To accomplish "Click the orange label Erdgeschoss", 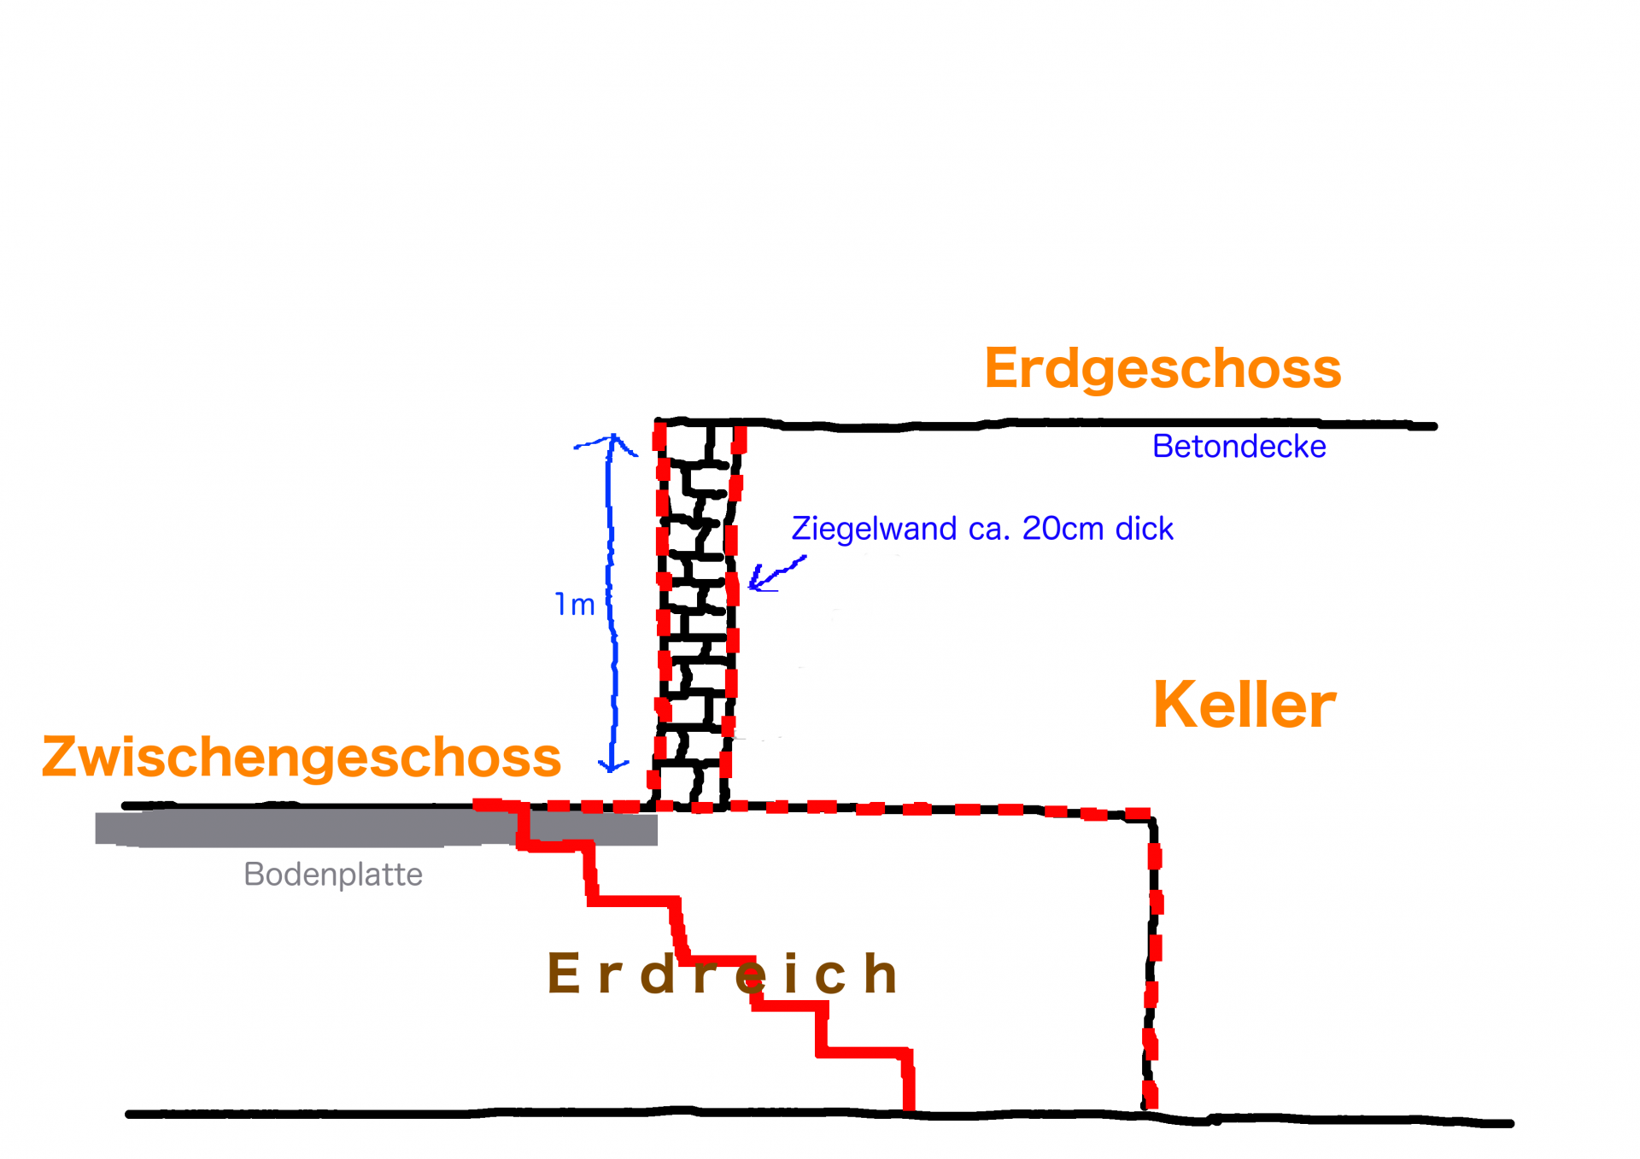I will [x=1163, y=369].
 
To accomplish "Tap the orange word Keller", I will [x=1244, y=705].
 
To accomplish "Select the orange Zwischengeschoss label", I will [x=302, y=757].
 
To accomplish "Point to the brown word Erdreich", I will [x=722, y=974].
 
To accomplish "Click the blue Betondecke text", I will [x=1239, y=447].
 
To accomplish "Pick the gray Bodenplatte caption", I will [x=333, y=875].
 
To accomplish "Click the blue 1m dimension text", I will [x=575, y=605].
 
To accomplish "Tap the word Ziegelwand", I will [x=874, y=529].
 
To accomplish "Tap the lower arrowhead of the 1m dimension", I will [x=612, y=764].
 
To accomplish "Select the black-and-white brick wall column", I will [x=696, y=615].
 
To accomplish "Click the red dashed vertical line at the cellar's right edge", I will [x=1153, y=957].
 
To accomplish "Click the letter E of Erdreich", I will [x=564, y=974].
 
